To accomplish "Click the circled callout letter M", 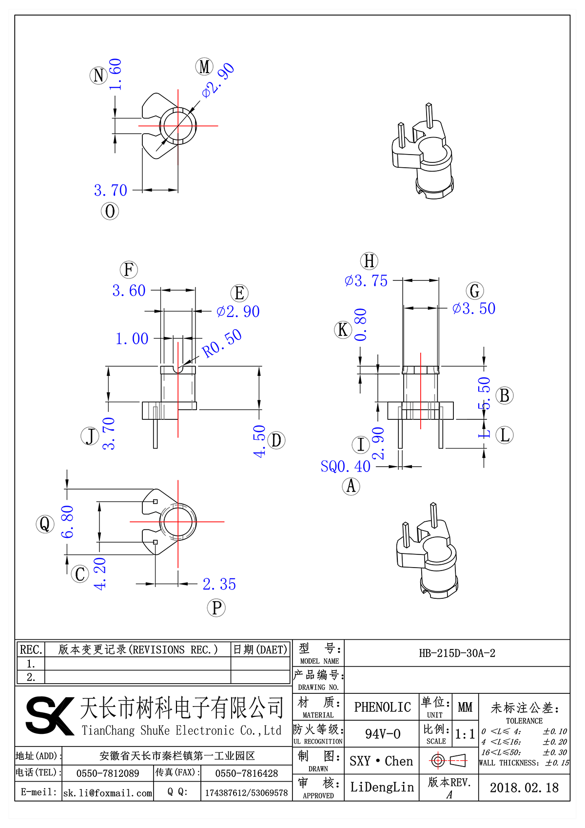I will click(x=204, y=67).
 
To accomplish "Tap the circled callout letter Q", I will click(x=45, y=524).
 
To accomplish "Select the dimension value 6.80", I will click(x=67, y=522).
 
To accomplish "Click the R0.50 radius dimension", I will click(x=222, y=343).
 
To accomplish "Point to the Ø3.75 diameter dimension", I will click(x=366, y=281).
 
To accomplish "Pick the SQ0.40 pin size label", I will click(x=345, y=467).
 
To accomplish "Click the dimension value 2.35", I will click(x=219, y=584).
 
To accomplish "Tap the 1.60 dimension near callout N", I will click(x=116, y=74).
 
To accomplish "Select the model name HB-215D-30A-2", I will click(x=457, y=653).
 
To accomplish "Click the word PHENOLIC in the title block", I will click(x=382, y=707).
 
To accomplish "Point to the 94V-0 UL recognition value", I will click(x=382, y=734).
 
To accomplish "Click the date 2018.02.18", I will click(x=524, y=788).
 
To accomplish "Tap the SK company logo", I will click(x=49, y=715).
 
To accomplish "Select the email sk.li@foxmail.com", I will click(x=108, y=793).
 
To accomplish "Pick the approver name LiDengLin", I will click(x=382, y=788).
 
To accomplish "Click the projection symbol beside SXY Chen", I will click(x=448, y=760).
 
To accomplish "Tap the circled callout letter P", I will click(x=216, y=608).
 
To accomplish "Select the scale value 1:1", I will click(x=465, y=734).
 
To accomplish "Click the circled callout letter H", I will click(x=369, y=261).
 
